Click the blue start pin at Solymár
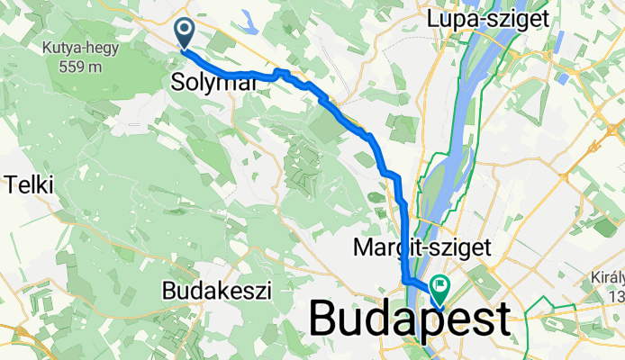coord(185,33)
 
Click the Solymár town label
coord(214,83)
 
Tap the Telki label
coord(29,185)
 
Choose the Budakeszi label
coord(217,290)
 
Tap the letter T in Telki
coord(11,185)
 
